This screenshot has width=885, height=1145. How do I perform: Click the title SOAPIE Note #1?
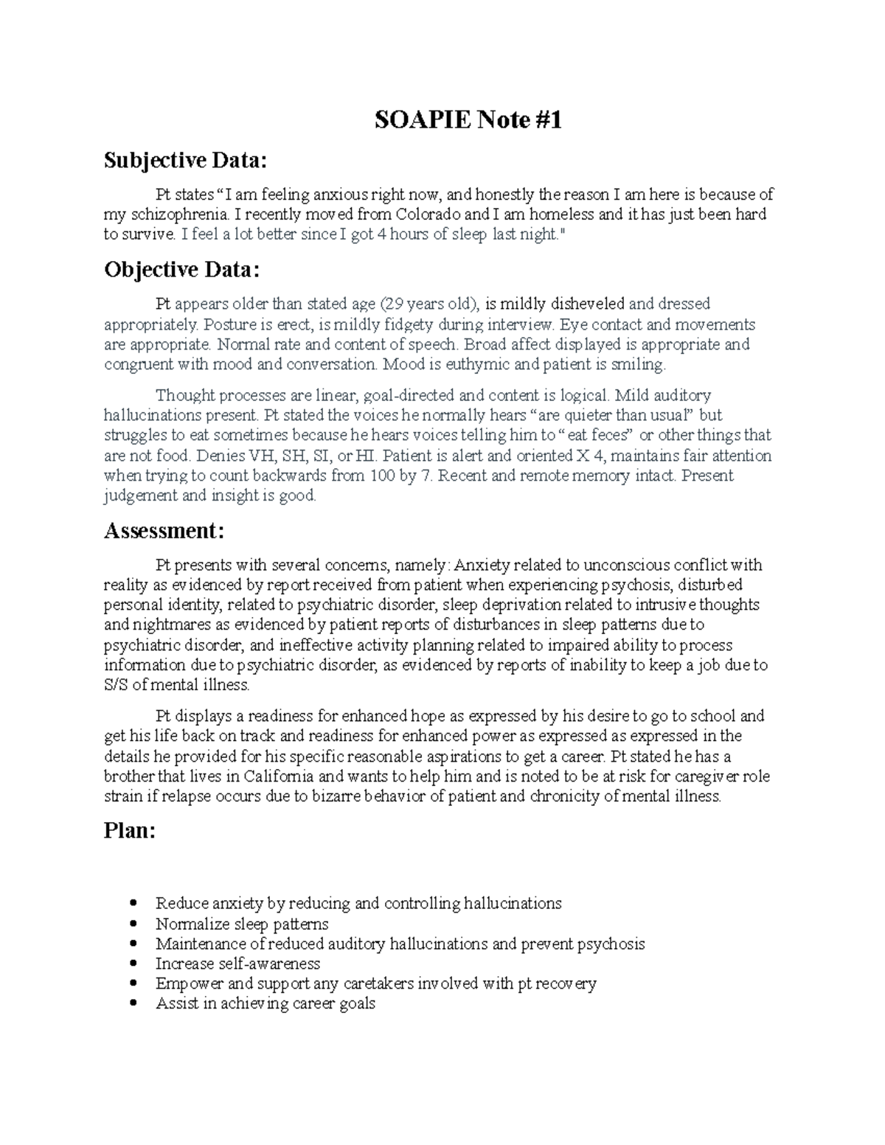468,119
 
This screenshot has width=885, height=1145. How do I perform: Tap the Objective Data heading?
182,270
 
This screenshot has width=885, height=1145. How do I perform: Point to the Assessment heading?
164,530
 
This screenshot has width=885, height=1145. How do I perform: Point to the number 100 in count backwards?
381,476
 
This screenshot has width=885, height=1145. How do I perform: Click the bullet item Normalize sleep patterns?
242,924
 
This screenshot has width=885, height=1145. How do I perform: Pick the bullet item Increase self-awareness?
237,964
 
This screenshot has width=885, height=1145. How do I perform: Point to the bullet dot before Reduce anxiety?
133,903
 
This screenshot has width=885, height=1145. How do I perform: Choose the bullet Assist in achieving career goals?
265,1003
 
